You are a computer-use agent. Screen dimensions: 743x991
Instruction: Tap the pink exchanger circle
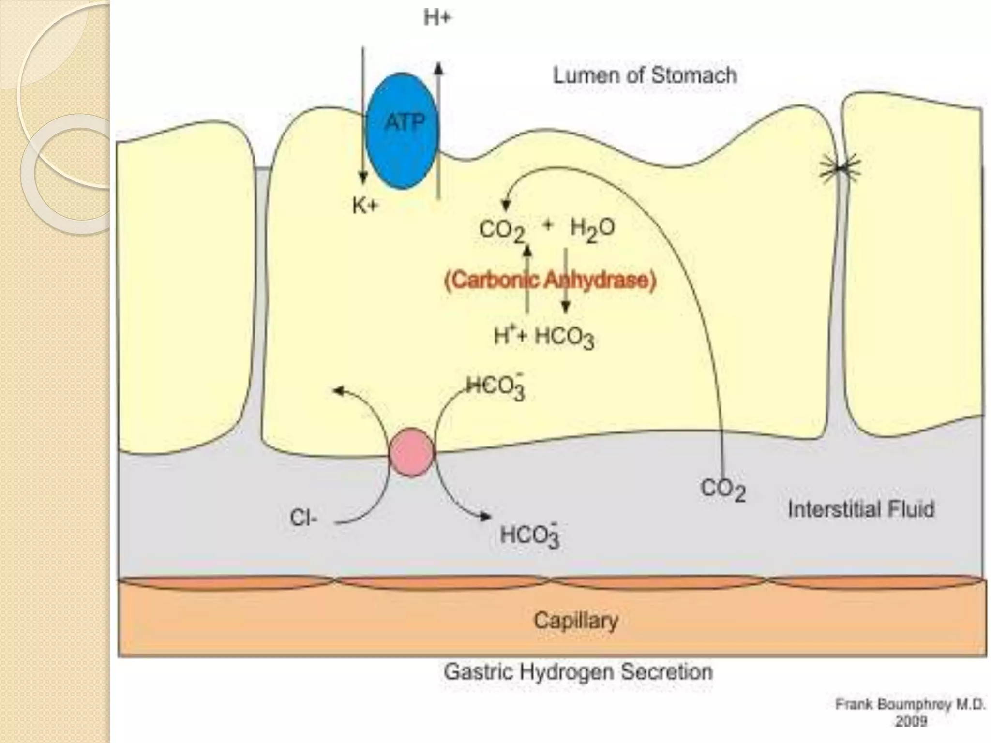click(x=412, y=452)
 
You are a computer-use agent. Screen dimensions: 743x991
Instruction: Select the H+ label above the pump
click(x=437, y=19)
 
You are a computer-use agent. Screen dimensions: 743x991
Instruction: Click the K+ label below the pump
click(x=365, y=207)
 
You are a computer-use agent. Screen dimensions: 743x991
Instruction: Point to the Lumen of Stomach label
click(x=645, y=76)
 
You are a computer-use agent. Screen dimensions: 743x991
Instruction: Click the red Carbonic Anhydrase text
click(x=550, y=281)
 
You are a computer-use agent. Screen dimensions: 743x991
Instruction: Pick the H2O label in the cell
click(x=593, y=229)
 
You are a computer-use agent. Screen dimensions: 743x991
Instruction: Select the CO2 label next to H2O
click(x=502, y=231)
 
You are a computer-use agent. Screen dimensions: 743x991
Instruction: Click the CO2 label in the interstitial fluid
click(x=723, y=490)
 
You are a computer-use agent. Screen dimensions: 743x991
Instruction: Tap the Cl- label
click(x=304, y=519)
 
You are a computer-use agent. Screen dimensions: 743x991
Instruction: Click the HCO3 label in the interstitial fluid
click(x=530, y=536)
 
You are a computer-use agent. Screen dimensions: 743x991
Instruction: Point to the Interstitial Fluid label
click(x=861, y=509)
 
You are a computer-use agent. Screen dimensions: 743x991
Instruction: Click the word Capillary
click(x=576, y=620)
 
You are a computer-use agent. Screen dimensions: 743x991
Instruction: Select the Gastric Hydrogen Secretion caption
click(x=578, y=672)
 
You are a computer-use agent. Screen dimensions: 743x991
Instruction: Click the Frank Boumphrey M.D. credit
click(x=910, y=705)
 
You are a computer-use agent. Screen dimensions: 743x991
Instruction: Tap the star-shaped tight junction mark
click(x=841, y=169)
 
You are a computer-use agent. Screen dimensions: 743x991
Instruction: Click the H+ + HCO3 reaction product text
click(x=543, y=337)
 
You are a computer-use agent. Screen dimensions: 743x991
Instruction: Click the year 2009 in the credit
click(x=911, y=721)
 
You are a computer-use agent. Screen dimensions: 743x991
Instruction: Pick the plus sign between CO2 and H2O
click(x=548, y=225)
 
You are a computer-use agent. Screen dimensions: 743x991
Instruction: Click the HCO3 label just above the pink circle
click(x=496, y=387)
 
